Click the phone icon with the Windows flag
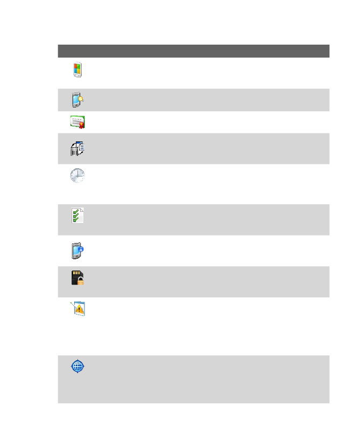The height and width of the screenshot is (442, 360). click(77, 70)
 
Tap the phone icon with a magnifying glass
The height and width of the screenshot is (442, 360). click(77, 100)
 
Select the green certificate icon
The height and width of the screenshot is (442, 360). click(77, 122)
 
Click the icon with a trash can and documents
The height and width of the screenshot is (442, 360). click(77, 148)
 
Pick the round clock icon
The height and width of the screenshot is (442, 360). click(77, 176)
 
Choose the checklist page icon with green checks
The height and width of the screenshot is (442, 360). click(77, 215)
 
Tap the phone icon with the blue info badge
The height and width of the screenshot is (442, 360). click(77, 251)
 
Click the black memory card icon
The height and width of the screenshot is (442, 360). click(77, 277)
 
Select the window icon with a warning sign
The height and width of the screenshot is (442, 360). click(79, 309)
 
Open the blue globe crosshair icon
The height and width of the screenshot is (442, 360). click(77, 367)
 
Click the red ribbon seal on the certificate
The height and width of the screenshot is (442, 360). click(82, 125)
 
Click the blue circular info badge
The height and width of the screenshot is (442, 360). click(81, 249)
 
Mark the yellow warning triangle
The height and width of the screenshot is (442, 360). click(80, 310)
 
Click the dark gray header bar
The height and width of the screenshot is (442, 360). click(193, 51)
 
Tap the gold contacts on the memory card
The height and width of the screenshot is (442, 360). click(76, 273)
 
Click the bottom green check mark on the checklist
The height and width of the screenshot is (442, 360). click(75, 219)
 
